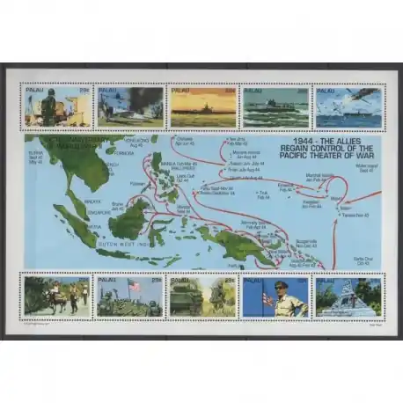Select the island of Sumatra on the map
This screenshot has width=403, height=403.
(x=74, y=223)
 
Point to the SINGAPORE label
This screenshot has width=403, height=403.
(x=71, y=211)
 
